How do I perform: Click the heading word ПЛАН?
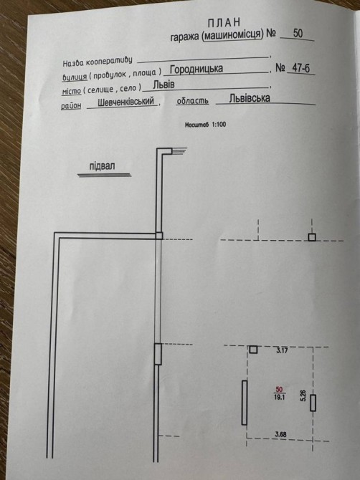(224, 23)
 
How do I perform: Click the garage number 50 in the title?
(298, 33)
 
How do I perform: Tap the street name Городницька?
(196, 69)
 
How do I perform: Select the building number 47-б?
(301, 67)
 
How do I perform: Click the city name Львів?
(164, 85)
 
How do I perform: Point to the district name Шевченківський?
(125, 102)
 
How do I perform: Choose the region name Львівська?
(250, 98)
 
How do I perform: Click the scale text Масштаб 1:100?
(205, 125)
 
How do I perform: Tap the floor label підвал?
(103, 166)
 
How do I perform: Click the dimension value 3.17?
(282, 350)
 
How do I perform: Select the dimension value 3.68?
(280, 434)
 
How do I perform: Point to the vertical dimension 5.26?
(303, 395)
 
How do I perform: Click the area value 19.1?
(280, 398)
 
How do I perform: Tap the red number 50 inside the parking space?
(279, 390)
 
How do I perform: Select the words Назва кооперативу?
(98, 61)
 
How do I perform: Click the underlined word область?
(193, 101)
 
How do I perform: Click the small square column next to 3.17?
(253, 350)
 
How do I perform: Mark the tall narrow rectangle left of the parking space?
(245, 403)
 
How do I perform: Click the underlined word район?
(71, 105)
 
